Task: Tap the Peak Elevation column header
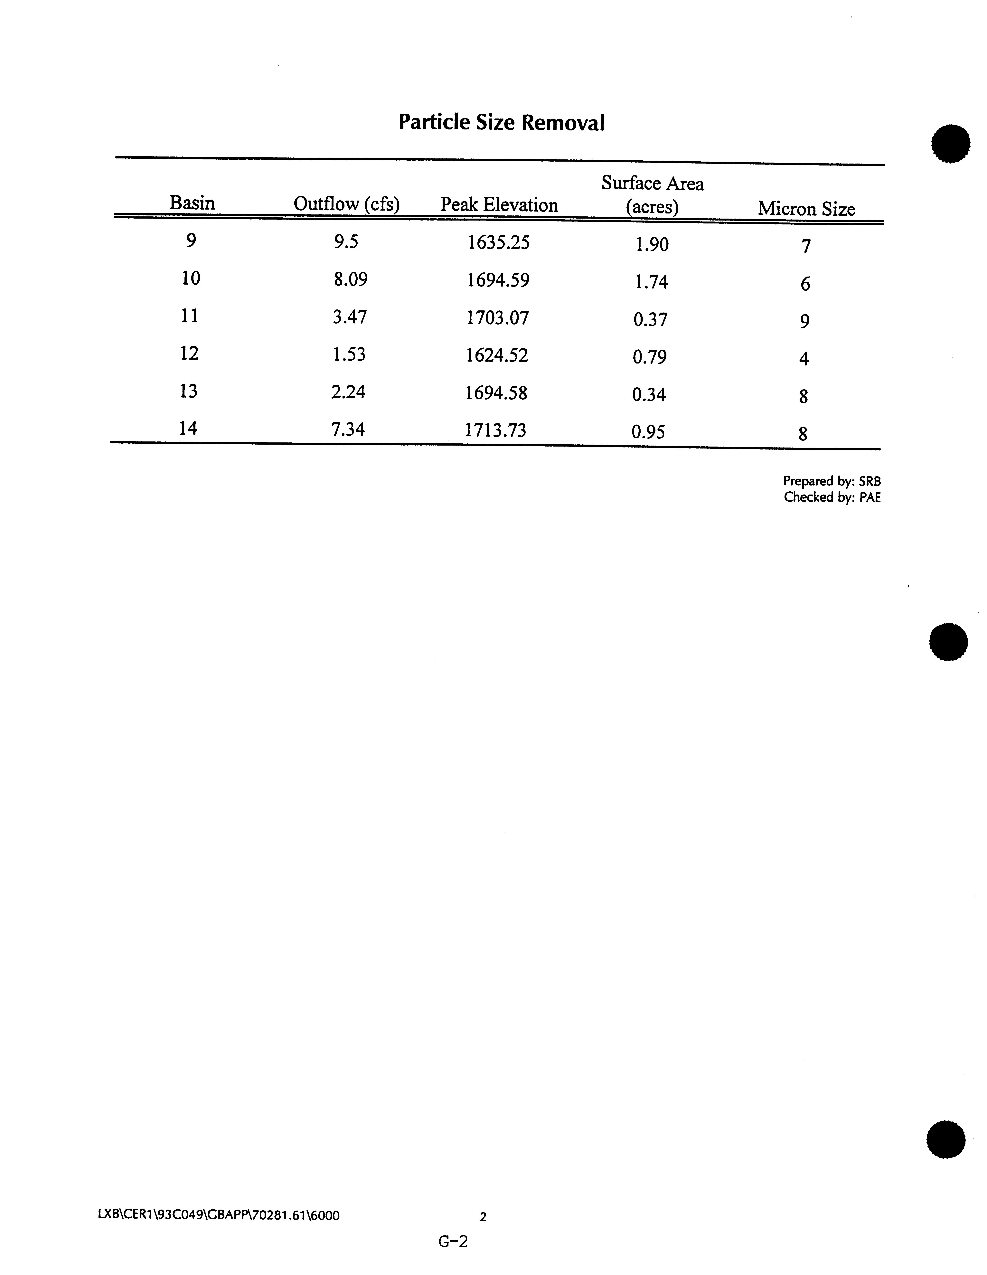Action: [x=499, y=205]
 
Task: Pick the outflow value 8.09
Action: [x=350, y=280]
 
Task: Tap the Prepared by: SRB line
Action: [x=832, y=481]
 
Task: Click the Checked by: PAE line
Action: [x=832, y=497]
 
